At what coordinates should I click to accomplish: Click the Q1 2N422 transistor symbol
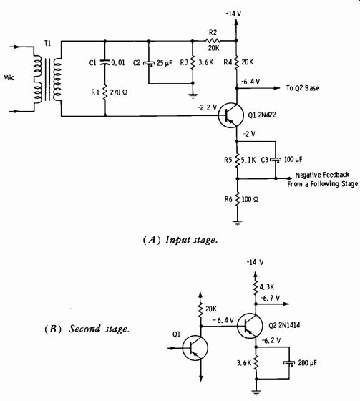click(230, 115)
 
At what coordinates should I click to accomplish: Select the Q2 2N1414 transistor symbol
click(250, 326)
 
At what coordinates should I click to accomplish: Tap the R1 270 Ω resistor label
click(110, 92)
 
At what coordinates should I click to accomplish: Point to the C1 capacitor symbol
click(104, 62)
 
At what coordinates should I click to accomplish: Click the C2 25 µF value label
click(165, 63)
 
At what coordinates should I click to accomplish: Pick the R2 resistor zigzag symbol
click(213, 40)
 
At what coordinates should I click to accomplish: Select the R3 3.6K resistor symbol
click(193, 62)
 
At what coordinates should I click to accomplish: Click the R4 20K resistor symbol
click(236, 62)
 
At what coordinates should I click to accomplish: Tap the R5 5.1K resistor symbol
click(237, 160)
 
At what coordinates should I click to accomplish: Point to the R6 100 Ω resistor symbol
click(238, 199)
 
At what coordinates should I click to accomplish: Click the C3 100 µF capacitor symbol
click(276, 160)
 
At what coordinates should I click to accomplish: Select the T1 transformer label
click(47, 44)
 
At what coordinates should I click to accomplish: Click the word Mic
click(9, 78)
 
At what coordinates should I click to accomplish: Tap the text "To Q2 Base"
click(303, 88)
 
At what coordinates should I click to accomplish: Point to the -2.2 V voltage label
click(207, 107)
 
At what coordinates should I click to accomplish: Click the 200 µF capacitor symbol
click(289, 363)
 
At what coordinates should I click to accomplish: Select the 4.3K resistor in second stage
click(256, 288)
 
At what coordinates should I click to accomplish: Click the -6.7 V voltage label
click(270, 298)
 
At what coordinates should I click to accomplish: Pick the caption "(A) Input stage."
click(180, 241)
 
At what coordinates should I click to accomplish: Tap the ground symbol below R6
click(238, 223)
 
